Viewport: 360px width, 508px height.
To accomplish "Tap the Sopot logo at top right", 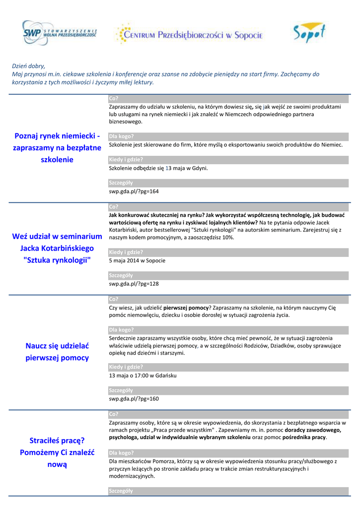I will click(308, 33).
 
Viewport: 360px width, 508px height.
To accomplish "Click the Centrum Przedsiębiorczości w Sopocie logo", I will click(189, 35).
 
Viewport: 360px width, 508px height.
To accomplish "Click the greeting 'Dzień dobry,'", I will click(28, 66).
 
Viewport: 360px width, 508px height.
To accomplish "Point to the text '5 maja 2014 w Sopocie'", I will click(137, 261).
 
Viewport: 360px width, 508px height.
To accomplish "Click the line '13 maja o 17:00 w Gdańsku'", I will click(143, 376).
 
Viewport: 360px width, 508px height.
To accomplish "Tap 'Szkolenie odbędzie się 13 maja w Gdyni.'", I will click(158, 168).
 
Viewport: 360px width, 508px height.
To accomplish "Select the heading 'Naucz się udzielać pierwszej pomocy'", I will click(58, 352).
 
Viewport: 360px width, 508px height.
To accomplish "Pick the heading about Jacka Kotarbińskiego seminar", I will click(58, 249).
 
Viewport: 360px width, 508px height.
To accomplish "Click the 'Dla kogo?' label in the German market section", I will click(122, 136).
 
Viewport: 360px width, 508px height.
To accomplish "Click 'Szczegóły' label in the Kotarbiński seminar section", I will click(121, 275).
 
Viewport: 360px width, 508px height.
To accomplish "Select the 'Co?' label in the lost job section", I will click(113, 414).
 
